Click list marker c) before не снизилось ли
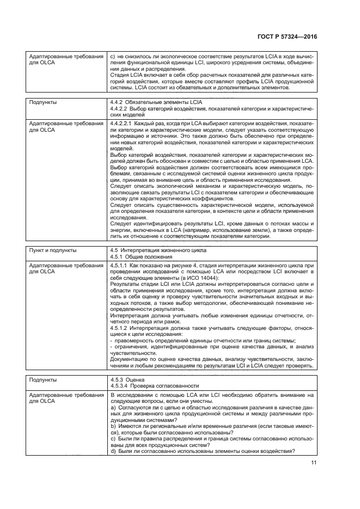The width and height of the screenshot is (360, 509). click(x=113, y=56)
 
